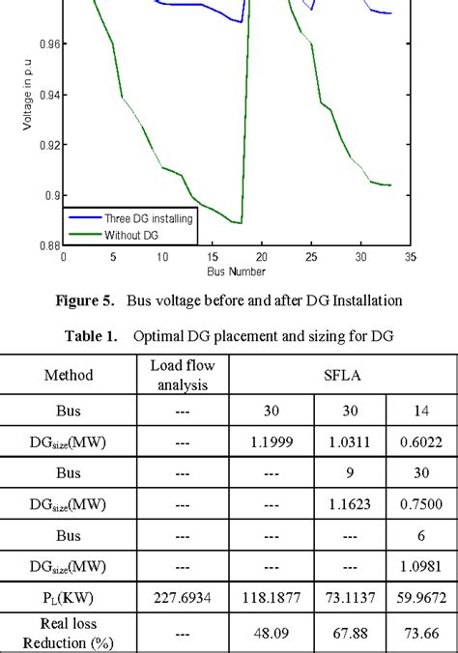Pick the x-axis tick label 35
pyautogui.click(x=410, y=258)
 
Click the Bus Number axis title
pyautogui.click(x=236, y=271)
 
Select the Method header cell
pyautogui.click(x=69, y=371)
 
